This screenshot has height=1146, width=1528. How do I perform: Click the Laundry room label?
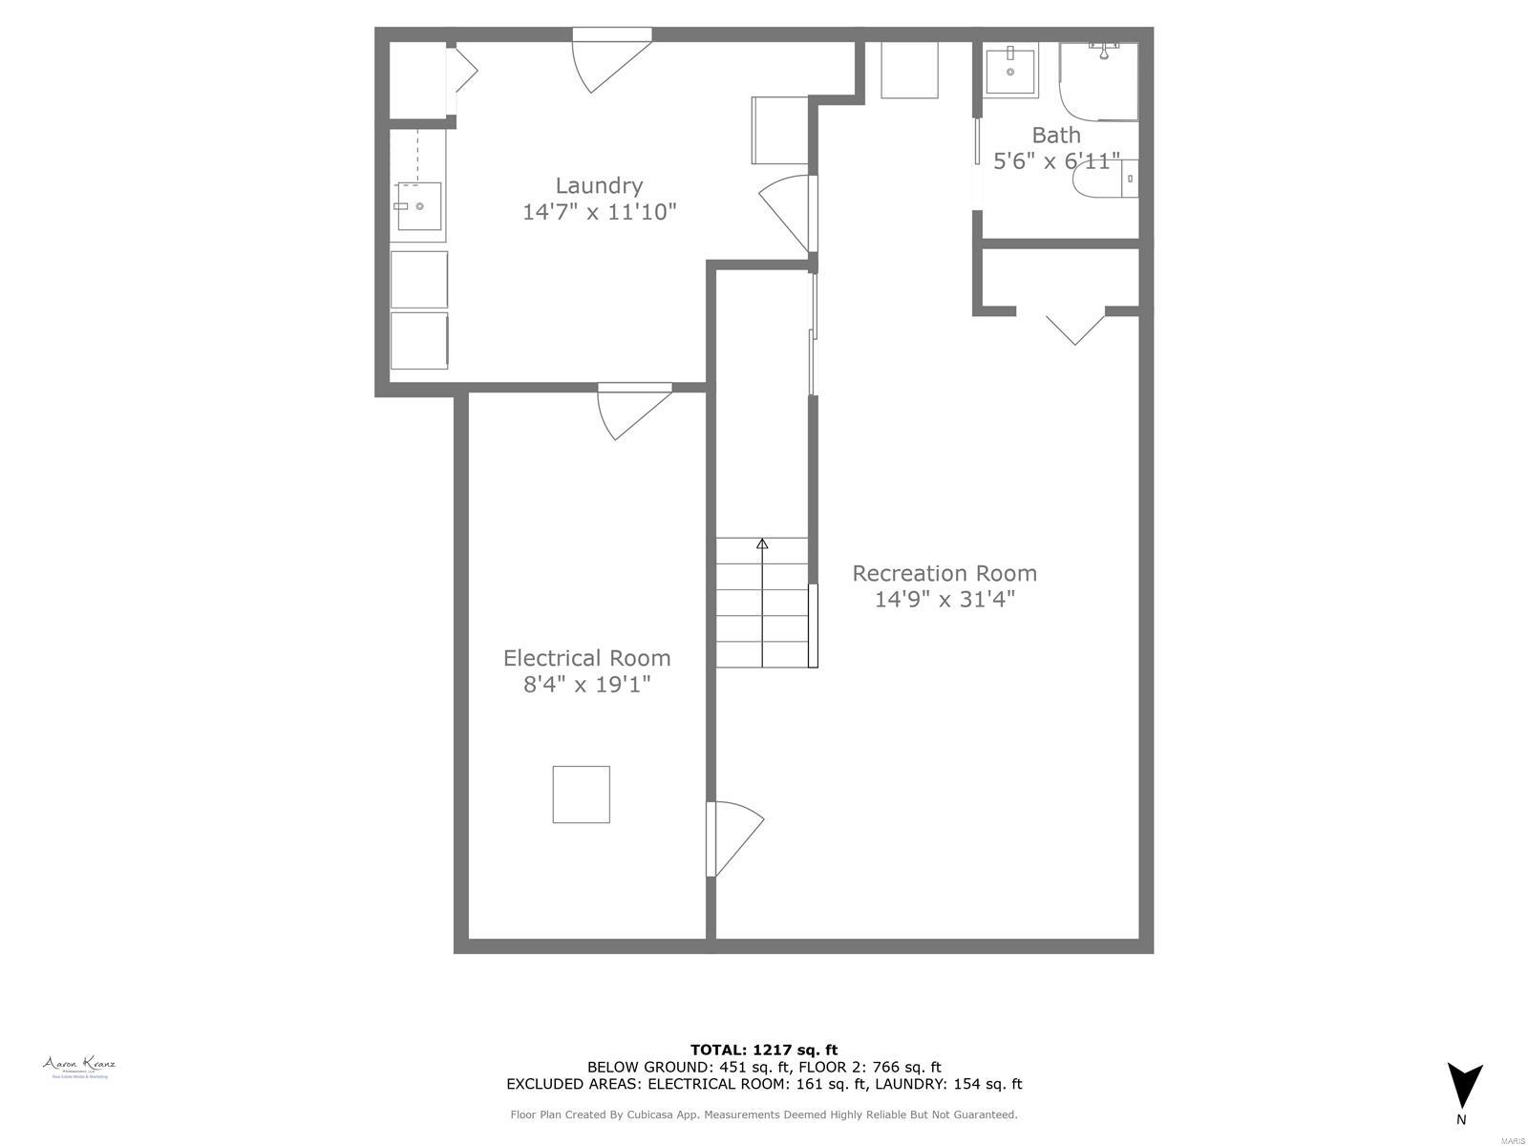pyautogui.click(x=599, y=185)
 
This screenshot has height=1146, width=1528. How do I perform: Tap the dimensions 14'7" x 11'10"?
pyautogui.click(x=599, y=212)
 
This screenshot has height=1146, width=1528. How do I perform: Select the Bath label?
pyautogui.click(x=1055, y=135)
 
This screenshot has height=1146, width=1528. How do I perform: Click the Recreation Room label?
pyautogui.click(x=944, y=573)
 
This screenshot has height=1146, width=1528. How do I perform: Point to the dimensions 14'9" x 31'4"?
pyautogui.click(x=944, y=600)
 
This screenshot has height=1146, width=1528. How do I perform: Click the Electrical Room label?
pyautogui.click(x=586, y=658)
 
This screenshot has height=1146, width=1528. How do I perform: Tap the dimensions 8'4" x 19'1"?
pyautogui.click(x=586, y=684)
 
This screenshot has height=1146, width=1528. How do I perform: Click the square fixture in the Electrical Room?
pyautogui.click(x=581, y=794)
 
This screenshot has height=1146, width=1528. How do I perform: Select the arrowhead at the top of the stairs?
pyautogui.click(x=762, y=544)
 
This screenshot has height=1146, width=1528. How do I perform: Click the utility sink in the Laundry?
pyautogui.click(x=419, y=206)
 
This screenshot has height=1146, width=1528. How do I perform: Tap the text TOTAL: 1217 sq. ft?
pyautogui.click(x=764, y=1050)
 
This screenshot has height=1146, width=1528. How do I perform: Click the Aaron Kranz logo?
pyautogui.click(x=78, y=1066)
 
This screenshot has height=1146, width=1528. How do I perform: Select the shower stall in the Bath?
pyautogui.click(x=1100, y=81)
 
